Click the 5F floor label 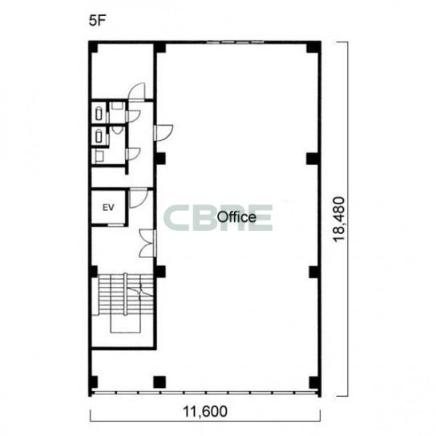coord(98,21)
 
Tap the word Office coord(236,217)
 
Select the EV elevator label coord(108,208)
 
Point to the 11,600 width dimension coord(205,412)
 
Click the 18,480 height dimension coord(339,220)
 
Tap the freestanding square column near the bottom coord(159,382)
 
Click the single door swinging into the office coord(163,133)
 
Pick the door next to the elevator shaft coord(138,198)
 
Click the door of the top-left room coord(137,91)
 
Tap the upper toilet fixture coord(99,114)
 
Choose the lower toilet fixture coord(99,137)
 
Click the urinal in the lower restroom coord(118,130)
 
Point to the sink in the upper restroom coord(118,105)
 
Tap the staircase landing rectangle coord(125,324)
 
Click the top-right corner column coord(313,47)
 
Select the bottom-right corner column coord(314,383)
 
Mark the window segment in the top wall coord(236,42)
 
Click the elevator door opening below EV coord(115,224)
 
